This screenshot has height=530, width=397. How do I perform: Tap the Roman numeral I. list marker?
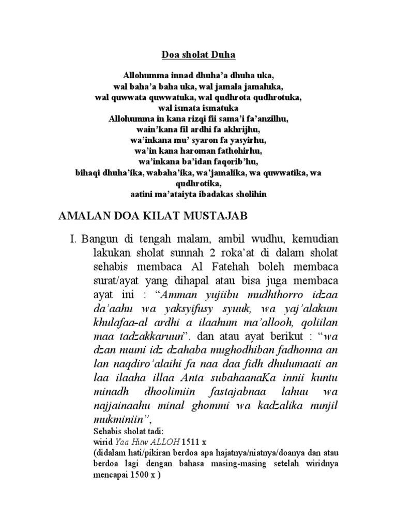[73, 240]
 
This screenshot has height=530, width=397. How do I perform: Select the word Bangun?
[98, 240]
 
